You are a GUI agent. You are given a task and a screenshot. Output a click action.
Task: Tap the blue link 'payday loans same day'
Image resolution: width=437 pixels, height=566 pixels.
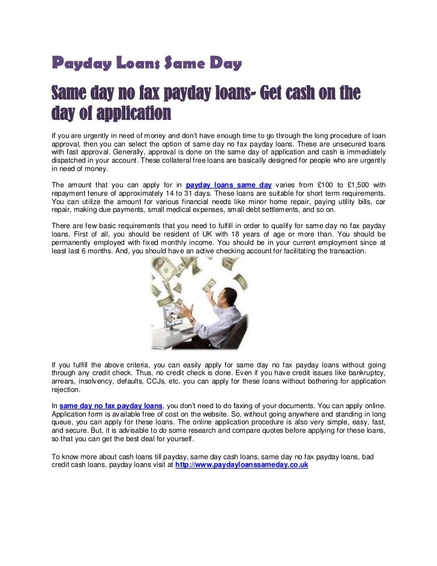coord(229,185)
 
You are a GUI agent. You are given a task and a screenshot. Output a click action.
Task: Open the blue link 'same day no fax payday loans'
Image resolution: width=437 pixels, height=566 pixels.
coord(111,406)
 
